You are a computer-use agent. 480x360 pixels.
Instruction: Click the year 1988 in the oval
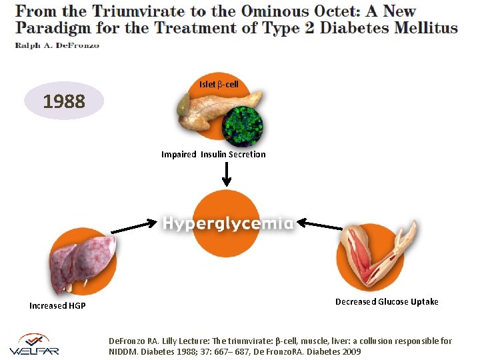point(64,101)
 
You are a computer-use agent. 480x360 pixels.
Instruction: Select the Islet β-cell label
point(219,85)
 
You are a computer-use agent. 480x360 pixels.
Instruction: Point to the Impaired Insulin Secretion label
point(213,155)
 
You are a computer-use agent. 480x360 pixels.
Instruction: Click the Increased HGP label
point(57,306)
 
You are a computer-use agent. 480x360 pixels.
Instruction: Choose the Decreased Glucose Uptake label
point(387,302)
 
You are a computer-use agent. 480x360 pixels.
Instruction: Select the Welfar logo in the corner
point(35,343)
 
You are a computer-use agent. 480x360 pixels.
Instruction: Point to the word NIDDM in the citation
point(125,351)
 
